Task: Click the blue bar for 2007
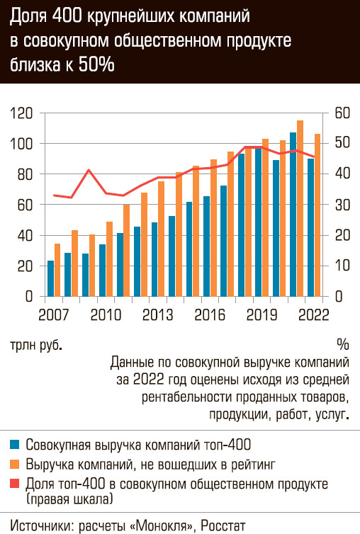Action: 50,278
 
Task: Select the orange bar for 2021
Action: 300,208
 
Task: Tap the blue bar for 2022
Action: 310,227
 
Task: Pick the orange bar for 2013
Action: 162,239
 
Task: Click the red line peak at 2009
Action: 89,169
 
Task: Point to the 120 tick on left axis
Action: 21,113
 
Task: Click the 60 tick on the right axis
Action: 342,113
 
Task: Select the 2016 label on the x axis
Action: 210,315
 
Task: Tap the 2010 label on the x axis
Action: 106,315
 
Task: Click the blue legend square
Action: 14,445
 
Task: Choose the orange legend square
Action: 14,464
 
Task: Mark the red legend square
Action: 14,483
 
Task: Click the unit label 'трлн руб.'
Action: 36,345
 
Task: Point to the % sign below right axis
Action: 343,345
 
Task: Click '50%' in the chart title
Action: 96,64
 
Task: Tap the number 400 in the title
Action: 67,16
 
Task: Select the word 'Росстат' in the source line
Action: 223,525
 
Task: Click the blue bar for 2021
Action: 293,214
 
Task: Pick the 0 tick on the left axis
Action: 29,297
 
